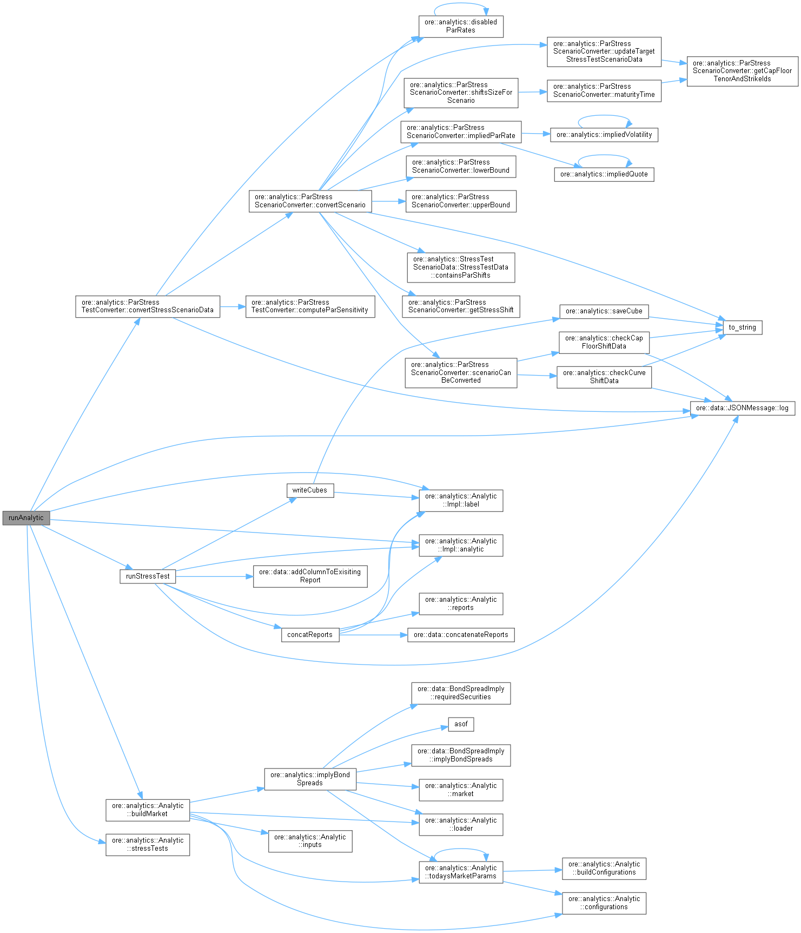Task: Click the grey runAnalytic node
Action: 26,518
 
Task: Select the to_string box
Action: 742,327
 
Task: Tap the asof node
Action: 461,724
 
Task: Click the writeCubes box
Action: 309,490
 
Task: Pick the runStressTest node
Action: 148,576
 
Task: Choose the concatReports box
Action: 310,635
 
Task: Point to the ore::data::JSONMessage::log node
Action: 742,408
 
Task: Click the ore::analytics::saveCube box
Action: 604,311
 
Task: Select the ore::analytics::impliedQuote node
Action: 604,174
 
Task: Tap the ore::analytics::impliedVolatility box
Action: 604,135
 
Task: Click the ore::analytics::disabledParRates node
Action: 461,26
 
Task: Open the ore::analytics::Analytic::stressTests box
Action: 148,844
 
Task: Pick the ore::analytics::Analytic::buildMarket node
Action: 148,810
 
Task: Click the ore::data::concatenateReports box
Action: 461,635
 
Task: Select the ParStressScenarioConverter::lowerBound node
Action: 461,166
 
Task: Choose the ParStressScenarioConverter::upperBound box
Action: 461,201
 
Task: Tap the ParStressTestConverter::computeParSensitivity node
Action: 310,306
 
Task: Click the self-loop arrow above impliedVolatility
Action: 604,116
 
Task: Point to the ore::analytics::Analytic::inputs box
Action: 310,841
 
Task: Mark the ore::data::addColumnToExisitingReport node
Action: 310,576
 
